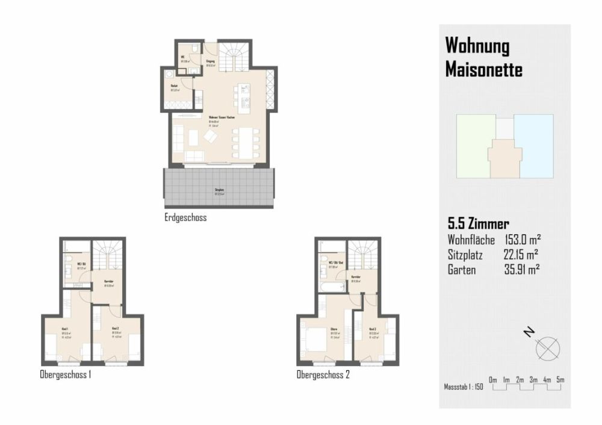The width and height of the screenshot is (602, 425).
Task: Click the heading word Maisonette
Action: (483, 70)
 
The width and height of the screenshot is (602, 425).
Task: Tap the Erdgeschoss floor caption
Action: (185, 218)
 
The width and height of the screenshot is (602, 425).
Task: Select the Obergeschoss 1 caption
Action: (65, 375)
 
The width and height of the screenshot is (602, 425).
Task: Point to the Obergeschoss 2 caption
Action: (323, 375)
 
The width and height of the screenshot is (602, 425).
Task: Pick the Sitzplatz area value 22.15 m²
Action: (521, 255)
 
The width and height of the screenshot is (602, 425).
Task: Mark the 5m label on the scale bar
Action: (560, 379)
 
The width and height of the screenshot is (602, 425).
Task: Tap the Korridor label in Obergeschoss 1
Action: (109, 282)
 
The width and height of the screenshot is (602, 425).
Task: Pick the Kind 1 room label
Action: (64, 329)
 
